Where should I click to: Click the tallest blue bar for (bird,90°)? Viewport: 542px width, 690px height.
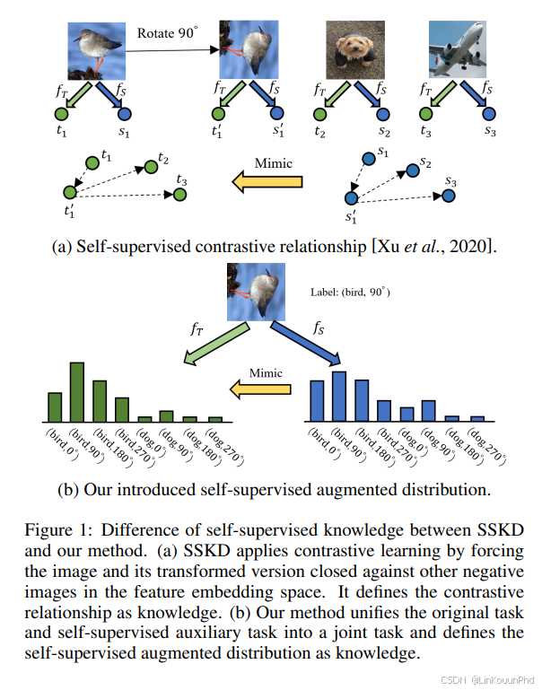click(338, 396)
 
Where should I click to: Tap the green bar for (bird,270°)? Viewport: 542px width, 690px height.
click(121, 408)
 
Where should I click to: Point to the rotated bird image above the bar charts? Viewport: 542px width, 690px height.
click(255, 292)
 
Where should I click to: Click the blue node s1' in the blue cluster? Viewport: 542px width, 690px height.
click(352, 197)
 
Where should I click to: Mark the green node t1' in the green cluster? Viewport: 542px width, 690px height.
click(69, 192)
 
